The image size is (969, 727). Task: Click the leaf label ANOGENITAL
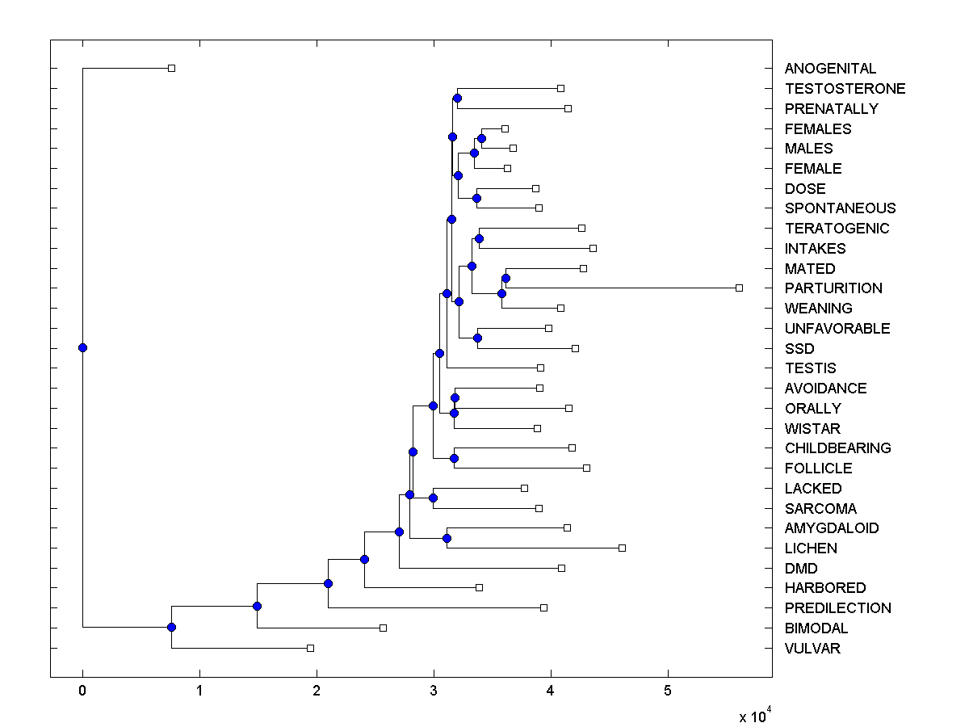coord(830,69)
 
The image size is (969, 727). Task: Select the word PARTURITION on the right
coord(833,288)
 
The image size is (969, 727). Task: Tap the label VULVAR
coord(812,649)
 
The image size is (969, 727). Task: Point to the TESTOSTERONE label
coord(845,89)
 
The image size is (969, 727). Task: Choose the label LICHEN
coord(811,548)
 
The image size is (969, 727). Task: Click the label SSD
coord(799,349)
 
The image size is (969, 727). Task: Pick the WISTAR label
coord(812,429)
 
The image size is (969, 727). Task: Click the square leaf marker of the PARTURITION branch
coord(739,288)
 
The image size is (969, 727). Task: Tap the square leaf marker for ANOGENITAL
coord(171,68)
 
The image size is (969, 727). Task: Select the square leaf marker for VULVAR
coord(310,648)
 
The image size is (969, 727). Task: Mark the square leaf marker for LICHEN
coord(622,548)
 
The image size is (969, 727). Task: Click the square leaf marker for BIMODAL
coord(383,628)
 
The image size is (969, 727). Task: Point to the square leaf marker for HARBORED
coord(479,587)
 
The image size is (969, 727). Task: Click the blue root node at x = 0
coord(82,347)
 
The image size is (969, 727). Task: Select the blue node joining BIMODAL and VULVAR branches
coord(171,627)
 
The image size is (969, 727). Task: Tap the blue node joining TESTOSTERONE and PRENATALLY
coord(457,99)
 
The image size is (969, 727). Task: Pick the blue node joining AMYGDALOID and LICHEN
coord(447,538)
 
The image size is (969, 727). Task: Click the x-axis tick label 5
coord(668,691)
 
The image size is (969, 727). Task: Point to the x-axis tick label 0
coord(82,691)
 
